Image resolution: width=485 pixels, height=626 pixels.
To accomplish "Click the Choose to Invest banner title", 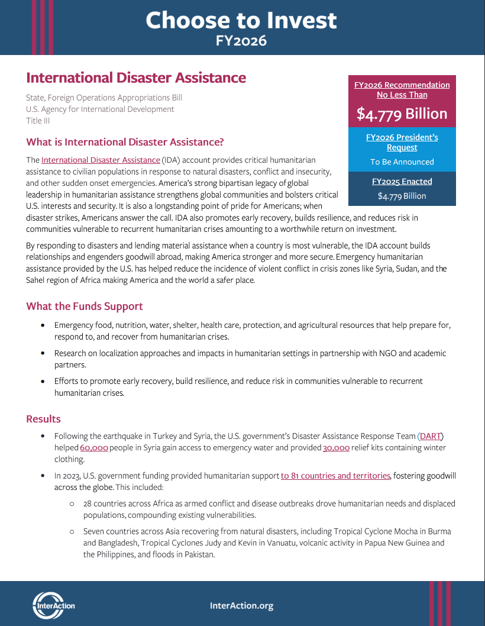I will (241, 20).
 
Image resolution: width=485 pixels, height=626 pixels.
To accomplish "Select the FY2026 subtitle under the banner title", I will (241, 40).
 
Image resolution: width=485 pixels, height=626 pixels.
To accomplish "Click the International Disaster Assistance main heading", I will (136, 78).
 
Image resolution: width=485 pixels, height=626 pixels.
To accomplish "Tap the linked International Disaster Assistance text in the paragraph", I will (101, 160).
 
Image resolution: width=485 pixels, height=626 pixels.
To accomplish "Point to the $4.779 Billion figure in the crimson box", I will (402, 114).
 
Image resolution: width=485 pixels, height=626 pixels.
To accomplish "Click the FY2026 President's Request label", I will (402, 143).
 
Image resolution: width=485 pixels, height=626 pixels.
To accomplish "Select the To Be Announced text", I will (402, 162).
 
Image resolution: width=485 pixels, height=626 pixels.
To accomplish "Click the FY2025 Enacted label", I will (402, 182).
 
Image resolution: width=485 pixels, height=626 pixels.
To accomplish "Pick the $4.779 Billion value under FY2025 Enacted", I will (402, 196).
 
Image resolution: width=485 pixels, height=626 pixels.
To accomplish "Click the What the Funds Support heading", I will (85, 306).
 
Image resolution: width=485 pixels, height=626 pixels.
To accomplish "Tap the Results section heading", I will (43, 419).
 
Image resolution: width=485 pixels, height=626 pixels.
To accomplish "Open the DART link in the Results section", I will (430, 437).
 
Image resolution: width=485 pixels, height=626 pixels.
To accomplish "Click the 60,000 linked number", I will (94, 448).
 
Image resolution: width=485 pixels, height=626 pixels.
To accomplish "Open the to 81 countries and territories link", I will (335, 476).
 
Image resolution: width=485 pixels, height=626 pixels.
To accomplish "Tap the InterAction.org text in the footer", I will (241, 605).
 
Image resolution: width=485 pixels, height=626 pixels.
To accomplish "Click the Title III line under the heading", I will (38, 120).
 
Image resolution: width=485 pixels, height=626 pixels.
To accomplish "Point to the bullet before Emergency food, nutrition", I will (43, 325).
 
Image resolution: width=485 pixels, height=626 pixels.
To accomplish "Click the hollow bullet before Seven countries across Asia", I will (72, 531).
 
